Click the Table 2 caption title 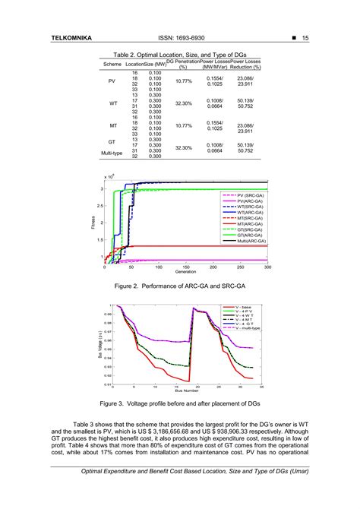[x=179, y=55]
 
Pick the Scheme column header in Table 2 [x=112, y=64]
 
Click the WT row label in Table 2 [x=112, y=103]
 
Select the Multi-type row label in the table [x=112, y=153]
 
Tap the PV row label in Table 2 [x=112, y=81]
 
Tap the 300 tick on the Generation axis [x=267, y=267]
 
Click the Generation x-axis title [x=185, y=272]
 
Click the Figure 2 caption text [x=179, y=288]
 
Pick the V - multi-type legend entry [x=251, y=327]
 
